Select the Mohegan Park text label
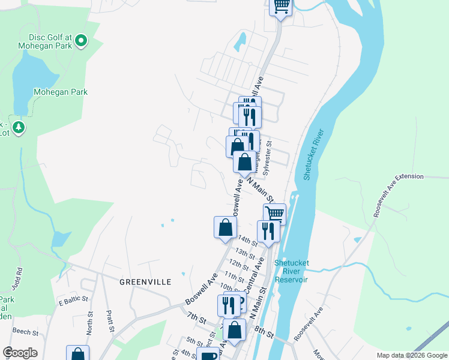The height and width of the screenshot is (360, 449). point(61,92)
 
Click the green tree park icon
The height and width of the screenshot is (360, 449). point(19,127)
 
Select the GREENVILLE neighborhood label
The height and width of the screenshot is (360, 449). point(145,281)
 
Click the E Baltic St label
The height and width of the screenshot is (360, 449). point(73,299)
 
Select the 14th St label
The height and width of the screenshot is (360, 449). point(247,243)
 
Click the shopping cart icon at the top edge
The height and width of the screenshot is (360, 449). point(281,6)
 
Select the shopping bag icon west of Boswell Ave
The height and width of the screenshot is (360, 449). point(224,227)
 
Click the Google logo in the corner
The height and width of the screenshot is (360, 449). point(20,353)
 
